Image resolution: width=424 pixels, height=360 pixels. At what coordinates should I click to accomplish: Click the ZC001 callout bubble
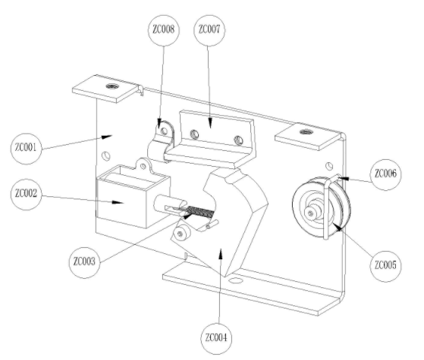[27, 149]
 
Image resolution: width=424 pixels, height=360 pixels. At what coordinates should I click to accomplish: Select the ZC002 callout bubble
[27, 194]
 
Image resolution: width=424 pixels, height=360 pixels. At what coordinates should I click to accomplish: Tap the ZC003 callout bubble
[84, 262]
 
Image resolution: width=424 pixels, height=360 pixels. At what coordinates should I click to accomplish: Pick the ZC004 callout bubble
[216, 339]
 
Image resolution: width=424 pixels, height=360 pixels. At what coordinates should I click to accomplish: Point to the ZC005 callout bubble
[385, 266]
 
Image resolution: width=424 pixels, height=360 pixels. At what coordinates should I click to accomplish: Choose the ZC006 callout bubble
[385, 174]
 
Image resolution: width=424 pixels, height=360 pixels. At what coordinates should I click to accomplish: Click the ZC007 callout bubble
[209, 30]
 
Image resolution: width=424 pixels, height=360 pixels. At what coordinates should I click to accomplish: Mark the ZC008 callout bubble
[164, 30]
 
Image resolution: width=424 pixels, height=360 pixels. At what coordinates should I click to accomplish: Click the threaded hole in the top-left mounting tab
[111, 86]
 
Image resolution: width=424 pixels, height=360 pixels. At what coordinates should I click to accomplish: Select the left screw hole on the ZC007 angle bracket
[194, 134]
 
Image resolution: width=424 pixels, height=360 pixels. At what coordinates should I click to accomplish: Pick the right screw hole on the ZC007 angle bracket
[238, 140]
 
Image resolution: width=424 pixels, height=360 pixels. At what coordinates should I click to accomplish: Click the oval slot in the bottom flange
[235, 280]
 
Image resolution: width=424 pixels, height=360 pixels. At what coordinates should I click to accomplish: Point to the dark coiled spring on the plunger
[201, 212]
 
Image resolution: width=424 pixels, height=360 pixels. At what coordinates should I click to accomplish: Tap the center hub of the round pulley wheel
[310, 213]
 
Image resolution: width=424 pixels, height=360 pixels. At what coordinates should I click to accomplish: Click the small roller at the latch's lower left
[181, 233]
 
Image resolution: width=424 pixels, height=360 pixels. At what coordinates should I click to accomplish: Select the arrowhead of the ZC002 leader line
[118, 202]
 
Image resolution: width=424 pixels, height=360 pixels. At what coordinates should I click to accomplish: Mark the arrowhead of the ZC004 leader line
[221, 253]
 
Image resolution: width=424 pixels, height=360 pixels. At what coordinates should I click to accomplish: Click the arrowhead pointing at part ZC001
[106, 137]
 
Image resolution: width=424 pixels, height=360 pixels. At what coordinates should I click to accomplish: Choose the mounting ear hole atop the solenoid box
[143, 166]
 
